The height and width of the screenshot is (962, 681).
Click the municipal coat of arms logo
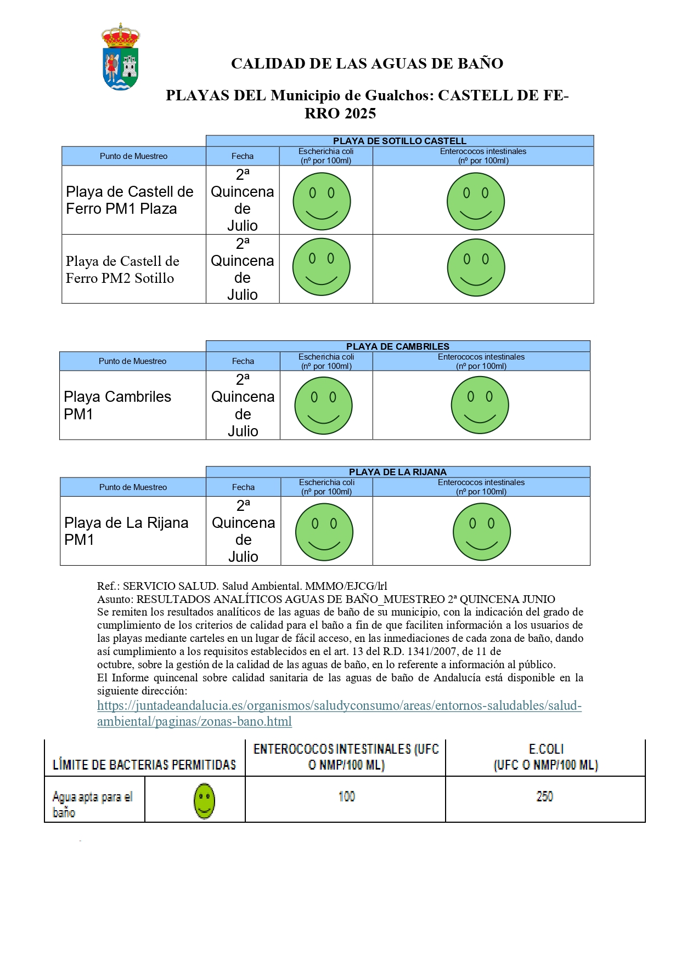121,57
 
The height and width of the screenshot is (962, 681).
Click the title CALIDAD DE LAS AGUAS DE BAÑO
367,64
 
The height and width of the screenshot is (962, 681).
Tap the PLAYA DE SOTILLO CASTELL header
399,141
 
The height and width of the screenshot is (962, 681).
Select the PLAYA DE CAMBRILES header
397,346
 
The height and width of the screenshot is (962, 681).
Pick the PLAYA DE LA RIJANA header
397,472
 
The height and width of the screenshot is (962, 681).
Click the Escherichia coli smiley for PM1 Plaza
322,201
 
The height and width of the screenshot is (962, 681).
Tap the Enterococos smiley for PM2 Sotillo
476,267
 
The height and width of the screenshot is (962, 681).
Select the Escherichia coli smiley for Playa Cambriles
323,406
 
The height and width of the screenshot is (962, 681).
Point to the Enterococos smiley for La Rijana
481,532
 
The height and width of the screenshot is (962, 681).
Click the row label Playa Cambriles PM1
117,405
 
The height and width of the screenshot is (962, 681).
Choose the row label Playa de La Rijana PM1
126,531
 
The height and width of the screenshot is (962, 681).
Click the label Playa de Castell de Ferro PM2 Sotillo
122,270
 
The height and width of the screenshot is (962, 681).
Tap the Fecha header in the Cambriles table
243,361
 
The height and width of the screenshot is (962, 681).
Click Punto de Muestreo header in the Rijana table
133,487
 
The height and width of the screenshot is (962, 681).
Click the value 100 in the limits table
347,796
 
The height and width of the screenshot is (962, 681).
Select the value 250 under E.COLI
544,796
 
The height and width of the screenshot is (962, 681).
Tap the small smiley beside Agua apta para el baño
204,801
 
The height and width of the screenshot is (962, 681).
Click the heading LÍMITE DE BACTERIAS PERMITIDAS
144,765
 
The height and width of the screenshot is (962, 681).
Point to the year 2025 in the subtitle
358,113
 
